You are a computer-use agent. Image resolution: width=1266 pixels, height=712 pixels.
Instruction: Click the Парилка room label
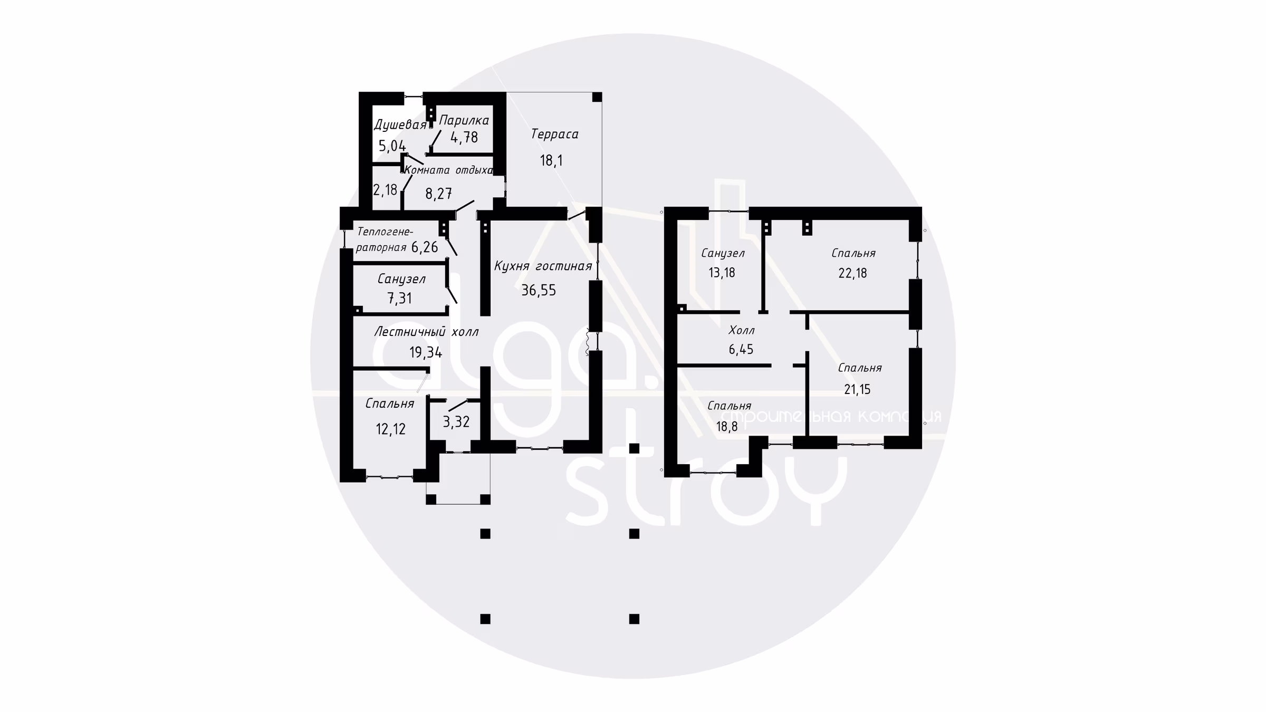tap(464, 120)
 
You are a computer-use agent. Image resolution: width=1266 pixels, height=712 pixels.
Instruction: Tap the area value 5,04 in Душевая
tap(392, 146)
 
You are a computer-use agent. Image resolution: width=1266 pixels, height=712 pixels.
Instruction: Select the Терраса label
tap(554, 134)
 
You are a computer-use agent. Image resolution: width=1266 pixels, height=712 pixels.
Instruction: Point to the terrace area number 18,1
tap(551, 160)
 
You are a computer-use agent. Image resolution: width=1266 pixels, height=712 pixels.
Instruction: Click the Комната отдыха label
tap(448, 170)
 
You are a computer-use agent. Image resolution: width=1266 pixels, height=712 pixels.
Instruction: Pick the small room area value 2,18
tap(385, 190)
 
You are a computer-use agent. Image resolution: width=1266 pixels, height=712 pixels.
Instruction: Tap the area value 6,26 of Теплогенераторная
tap(425, 247)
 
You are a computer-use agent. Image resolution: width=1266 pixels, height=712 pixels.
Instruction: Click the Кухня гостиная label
tap(543, 266)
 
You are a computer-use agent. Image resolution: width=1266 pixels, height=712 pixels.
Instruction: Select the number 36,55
tap(539, 290)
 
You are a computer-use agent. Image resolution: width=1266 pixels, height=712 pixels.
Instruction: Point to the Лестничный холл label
tap(426, 332)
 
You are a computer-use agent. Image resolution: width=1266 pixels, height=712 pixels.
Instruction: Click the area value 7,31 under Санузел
tap(400, 299)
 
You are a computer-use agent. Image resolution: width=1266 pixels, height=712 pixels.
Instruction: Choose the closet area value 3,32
tap(456, 422)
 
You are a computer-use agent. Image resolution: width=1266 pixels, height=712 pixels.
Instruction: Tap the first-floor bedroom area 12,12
tap(391, 429)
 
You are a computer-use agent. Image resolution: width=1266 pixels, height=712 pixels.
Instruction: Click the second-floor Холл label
tap(741, 331)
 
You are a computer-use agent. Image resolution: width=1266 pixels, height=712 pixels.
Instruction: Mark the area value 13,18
tap(722, 273)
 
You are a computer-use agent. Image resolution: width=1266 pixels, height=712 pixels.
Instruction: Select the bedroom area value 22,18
tap(852, 273)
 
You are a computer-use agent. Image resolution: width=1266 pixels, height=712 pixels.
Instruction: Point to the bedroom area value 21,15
tap(857, 390)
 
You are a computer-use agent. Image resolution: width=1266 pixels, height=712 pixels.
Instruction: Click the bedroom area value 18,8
tap(727, 427)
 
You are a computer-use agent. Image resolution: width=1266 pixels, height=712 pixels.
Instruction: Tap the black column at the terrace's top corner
tap(597, 97)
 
